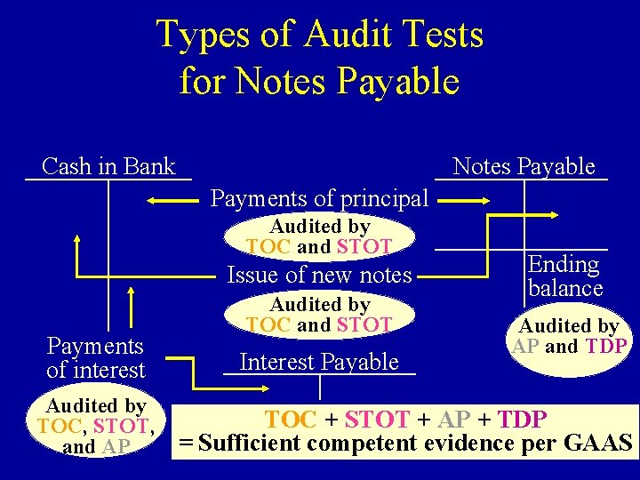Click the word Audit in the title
(x=343, y=36)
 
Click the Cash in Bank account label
(x=108, y=166)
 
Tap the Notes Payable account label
(x=524, y=166)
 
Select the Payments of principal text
(x=319, y=197)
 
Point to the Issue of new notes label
(x=319, y=275)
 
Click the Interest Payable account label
(x=319, y=362)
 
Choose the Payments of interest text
(x=95, y=357)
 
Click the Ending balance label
(x=564, y=276)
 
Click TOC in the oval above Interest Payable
(x=268, y=324)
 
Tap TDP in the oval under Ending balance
(x=607, y=346)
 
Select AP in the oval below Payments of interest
(x=116, y=446)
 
